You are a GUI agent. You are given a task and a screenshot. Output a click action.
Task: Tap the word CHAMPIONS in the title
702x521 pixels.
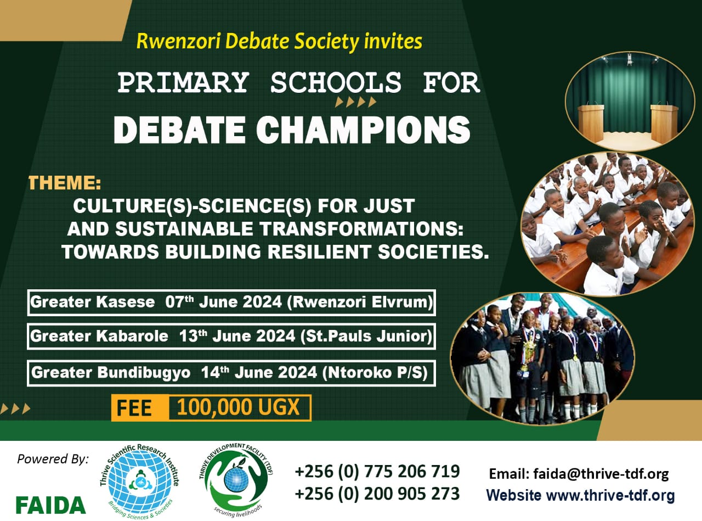click(363, 130)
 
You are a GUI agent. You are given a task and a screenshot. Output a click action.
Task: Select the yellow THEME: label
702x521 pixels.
click(65, 183)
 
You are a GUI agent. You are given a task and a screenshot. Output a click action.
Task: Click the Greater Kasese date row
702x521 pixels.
click(231, 302)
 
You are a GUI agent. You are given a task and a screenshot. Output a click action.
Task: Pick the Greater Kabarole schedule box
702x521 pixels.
click(231, 336)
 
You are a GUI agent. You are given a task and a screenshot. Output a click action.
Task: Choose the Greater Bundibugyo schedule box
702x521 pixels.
click(231, 373)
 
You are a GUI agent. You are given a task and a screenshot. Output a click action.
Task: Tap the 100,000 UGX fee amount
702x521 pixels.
click(239, 407)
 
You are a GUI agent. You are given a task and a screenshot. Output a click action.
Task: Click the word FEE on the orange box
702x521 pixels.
click(134, 408)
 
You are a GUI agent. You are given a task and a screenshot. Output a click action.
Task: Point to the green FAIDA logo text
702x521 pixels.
click(51, 505)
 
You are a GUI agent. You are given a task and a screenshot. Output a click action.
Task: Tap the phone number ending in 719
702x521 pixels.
click(377, 471)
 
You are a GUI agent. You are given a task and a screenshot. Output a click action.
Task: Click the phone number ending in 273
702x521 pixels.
click(377, 494)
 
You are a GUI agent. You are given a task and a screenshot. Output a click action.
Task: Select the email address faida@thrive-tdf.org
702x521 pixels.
click(601, 474)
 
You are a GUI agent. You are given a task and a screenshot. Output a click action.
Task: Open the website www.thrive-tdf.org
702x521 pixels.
click(610, 495)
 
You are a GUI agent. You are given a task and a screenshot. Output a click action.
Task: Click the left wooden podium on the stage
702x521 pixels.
click(591, 123)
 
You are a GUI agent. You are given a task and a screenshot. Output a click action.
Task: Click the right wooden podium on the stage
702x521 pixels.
click(664, 123)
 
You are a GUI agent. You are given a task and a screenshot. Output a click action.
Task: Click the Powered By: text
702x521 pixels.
click(53, 459)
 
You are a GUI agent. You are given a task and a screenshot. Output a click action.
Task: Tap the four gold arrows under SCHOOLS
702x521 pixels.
click(356, 102)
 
